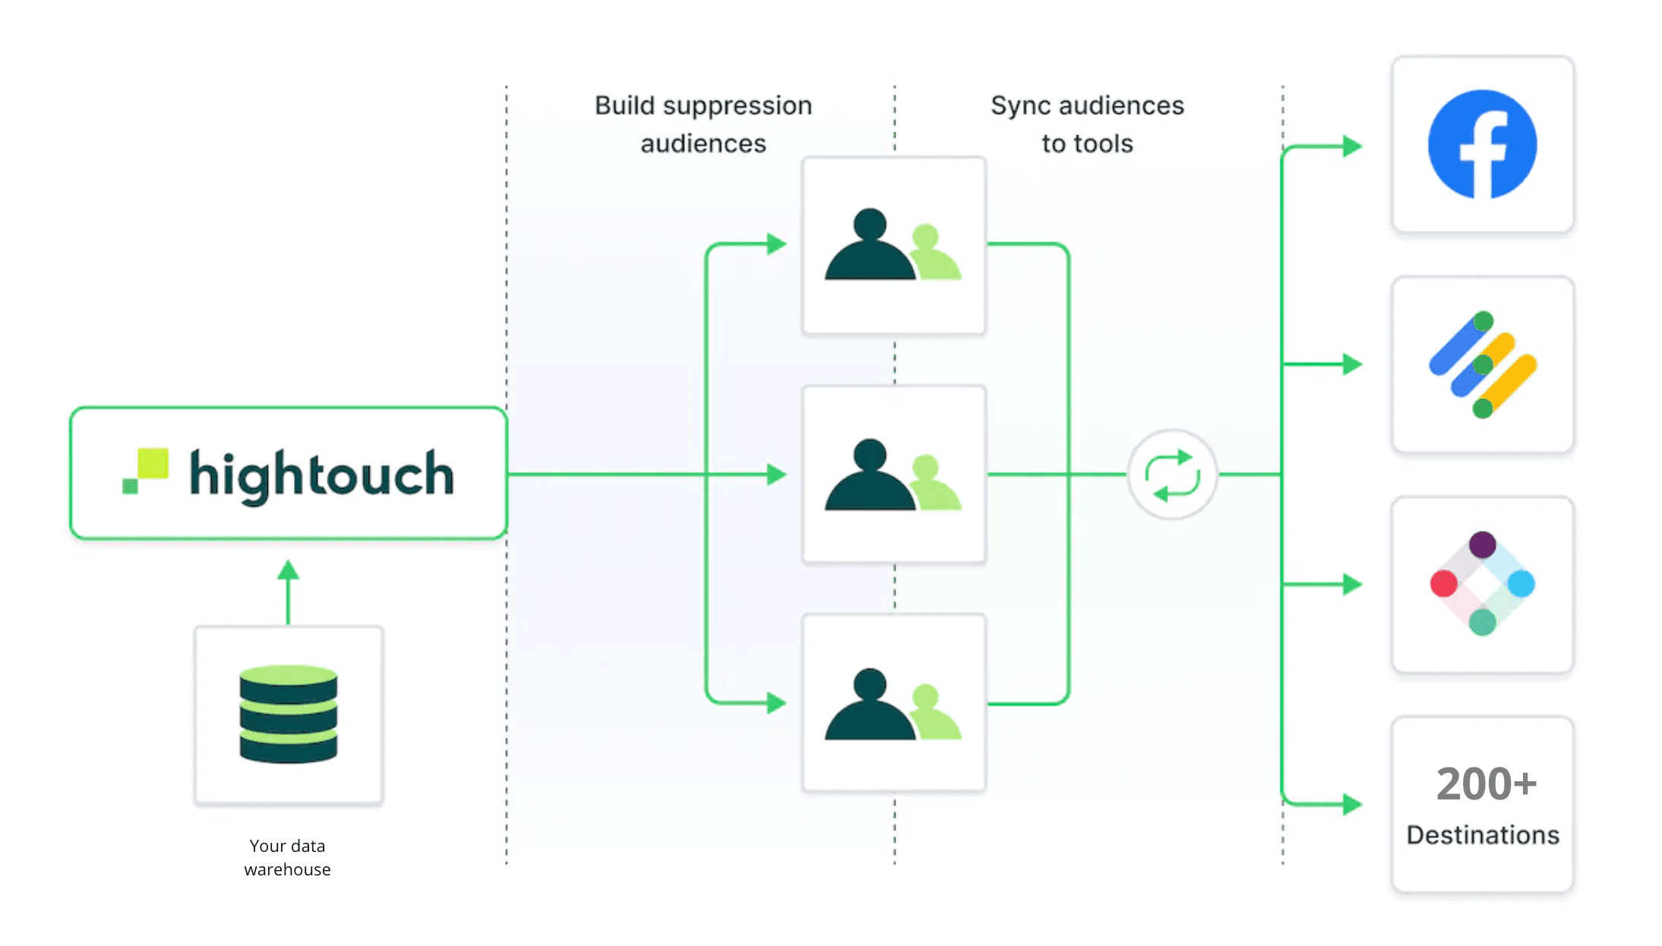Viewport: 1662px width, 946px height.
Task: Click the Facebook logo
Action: [x=1482, y=144]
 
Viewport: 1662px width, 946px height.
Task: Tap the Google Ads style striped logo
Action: [x=1482, y=364]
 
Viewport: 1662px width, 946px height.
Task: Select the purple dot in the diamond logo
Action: [x=1482, y=544]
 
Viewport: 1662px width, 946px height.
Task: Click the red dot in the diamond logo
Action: [x=1443, y=584]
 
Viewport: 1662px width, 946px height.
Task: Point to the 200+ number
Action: [x=1486, y=784]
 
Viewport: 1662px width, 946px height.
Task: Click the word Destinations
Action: [x=1482, y=835]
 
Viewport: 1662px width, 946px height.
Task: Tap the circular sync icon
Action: [x=1172, y=475]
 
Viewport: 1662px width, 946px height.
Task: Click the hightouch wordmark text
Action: [x=321, y=475]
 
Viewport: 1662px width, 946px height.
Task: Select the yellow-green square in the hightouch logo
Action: [x=153, y=463]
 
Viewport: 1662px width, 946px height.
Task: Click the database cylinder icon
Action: [x=288, y=714]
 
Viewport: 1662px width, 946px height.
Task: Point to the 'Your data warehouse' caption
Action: [x=287, y=857]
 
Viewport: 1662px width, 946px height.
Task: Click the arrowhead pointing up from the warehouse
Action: [x=288, y=570]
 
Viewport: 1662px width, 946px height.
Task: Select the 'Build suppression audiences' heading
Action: [x=703, y=124]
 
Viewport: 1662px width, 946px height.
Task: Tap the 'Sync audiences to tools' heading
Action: [x=1087, y=124]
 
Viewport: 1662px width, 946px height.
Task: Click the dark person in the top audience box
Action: [x=870, y=247]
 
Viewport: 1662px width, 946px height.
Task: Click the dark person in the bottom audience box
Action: [x=870, y=706]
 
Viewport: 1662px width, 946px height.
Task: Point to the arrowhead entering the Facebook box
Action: [x=1351, y=146]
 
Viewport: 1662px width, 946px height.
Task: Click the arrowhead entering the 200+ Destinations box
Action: [x=1351, y=803]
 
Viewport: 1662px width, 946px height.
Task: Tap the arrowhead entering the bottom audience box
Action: [x=776, y=702]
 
